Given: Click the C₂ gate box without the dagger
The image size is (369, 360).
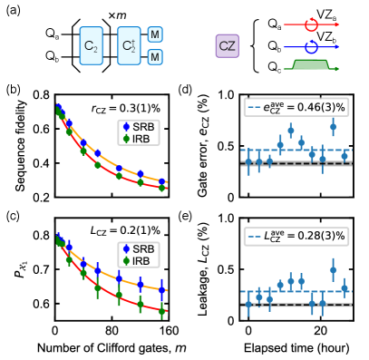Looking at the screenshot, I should pos(91,45).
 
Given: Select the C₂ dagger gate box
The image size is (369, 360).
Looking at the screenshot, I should pos(129,45).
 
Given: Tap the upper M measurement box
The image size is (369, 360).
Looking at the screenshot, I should pos(155,34).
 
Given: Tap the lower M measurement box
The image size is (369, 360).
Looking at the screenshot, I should pos(155,57).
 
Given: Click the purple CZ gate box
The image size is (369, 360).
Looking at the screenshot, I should pos(228,46).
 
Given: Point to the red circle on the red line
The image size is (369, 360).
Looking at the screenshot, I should pos(311,24).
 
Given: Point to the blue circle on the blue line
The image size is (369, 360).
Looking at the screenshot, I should pos(311,46).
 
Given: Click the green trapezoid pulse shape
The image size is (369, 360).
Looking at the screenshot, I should pos(311,64).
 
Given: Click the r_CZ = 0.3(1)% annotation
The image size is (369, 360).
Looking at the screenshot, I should pos(127,109).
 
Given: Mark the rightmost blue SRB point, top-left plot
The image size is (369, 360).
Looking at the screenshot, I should pos(161,181).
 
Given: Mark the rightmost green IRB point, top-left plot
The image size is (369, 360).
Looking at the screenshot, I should pos(161,188).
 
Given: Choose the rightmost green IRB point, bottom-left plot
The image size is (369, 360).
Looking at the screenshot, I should pos(161,311).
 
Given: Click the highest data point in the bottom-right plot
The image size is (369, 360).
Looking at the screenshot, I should pos(333,269).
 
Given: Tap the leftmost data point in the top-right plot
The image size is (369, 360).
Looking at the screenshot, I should pos(248,162).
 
